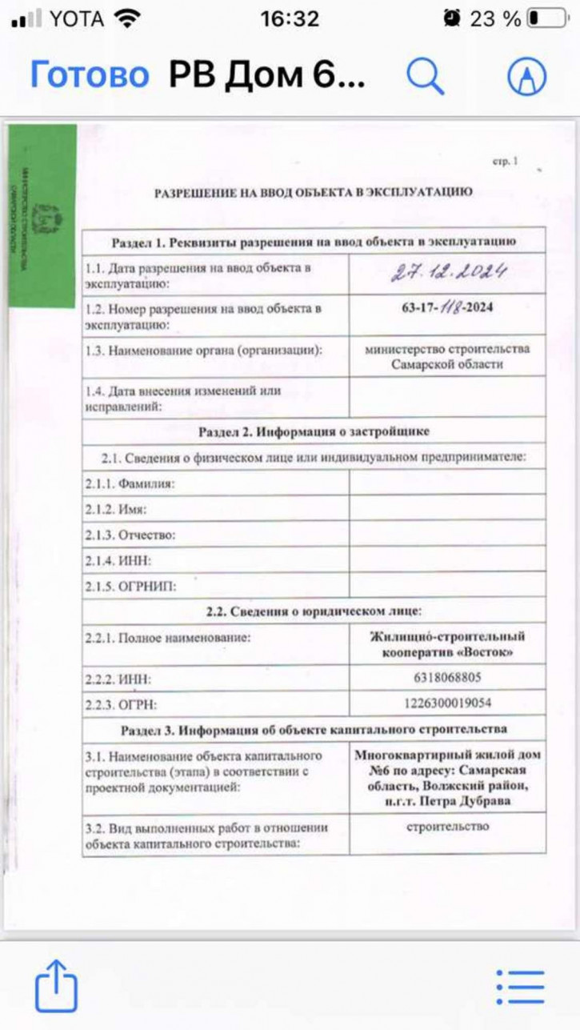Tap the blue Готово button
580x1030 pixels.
(90, 75)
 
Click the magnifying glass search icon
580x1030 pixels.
(425, 76)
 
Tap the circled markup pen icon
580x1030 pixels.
(527, 76)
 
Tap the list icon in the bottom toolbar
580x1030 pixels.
(519, 987)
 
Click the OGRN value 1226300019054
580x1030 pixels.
(447, 704)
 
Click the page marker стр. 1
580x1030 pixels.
(506, 162)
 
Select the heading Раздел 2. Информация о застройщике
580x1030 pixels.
(314, 431)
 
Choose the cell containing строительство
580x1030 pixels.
(447, 827)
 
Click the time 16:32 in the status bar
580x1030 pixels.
(290, 18)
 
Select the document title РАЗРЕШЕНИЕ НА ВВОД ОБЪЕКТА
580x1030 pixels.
(313, 192)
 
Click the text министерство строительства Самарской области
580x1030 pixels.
(447, 356)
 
